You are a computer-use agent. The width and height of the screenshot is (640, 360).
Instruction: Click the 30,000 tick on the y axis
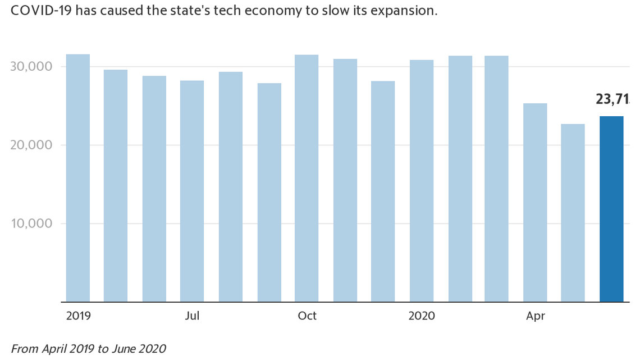(32, 67)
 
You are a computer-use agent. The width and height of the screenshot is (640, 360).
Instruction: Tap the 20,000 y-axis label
(32, 145)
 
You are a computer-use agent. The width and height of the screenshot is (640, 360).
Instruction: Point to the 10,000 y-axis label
(32, 224)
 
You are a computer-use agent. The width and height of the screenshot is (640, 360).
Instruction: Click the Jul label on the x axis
(192, 316)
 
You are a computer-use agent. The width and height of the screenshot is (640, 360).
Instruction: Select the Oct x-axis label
(307, 316)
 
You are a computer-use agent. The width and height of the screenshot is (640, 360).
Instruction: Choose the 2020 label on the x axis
(422, 316)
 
